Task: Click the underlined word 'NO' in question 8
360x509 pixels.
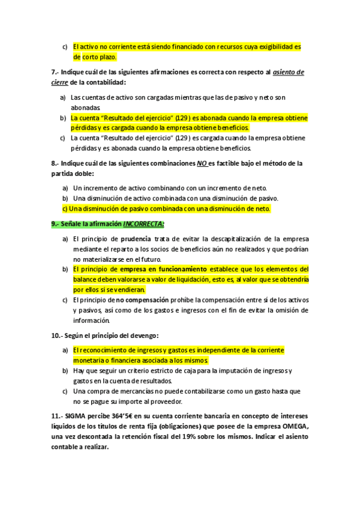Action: [202, 163]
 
